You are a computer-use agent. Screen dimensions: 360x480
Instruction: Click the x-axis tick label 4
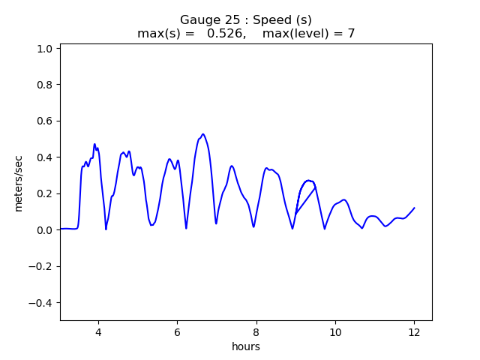pyautogui.click(x=97, y=331)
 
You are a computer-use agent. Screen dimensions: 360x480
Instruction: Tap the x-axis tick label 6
pyautogui.click(x=177, y=331)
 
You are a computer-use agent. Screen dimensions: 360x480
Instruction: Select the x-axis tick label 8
pyautogui.click(x=256, y=331)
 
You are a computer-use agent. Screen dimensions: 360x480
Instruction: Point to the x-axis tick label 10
pyautogui.click(x=335, y=331)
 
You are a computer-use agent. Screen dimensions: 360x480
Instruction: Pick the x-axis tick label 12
pyautogui.click(x=414, y=331)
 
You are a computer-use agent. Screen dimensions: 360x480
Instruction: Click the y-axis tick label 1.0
pyautogui.click(x=43, y=49)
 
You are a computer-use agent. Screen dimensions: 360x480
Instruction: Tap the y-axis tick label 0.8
pyautogui.click(x=43, y=85)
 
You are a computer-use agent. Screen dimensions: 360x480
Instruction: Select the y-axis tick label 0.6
pyautogui.click(x=43, y=121)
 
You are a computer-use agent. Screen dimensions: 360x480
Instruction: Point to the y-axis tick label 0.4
pyautogui.click(x=43, y=157)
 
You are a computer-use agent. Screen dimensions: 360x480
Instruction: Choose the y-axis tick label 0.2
pyautogui.click(x=43, y=193)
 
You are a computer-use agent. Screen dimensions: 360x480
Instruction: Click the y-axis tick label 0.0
pyautogui.click(x=43, y=230)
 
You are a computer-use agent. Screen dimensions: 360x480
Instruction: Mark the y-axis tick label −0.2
pyautogui.click(x=40, y=266)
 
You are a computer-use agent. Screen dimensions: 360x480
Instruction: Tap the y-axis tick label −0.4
pyautogui.click(x=40, y=303)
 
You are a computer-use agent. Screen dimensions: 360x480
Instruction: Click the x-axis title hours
pyautogui.click(x=246, y=346)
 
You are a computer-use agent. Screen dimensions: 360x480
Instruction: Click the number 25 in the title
pyautogui.click(x=224, y=19)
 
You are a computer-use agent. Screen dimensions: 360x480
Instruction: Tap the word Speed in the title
pyautogui.click(x=262, y=19)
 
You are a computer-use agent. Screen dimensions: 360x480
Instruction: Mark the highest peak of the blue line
pyautogui.click(x=202, y=134)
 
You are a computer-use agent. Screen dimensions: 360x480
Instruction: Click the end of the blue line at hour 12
pyautogui.click(x=414, y=208)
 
